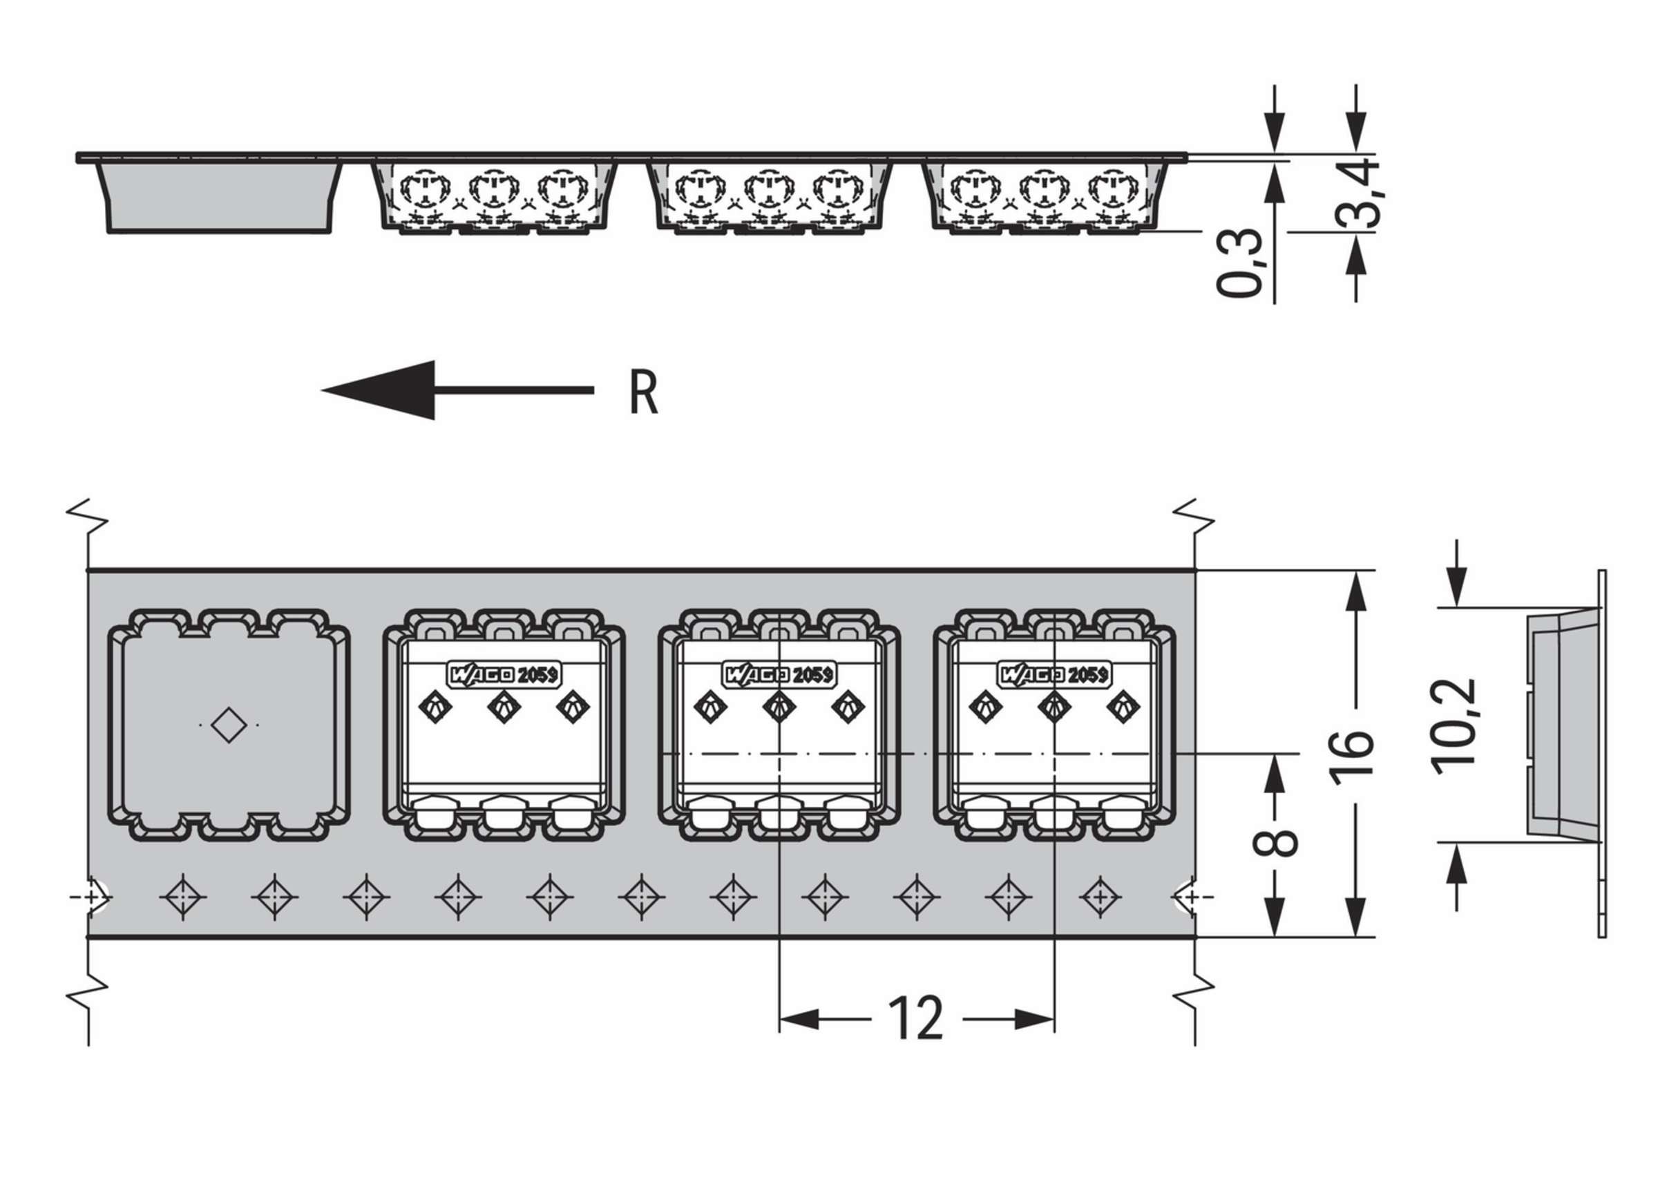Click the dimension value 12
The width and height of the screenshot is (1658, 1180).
pyautogui.click(x=915, y=1018)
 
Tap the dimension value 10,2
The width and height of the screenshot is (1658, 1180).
pyautogui.click(x=1454, y=726)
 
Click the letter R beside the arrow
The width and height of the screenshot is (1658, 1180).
pyautogui.click(x=644, y=393)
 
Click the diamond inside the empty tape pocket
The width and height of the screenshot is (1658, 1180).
pyautogui.click(x=229, y=725)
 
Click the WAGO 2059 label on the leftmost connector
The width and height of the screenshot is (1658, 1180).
pyautogui.click(x=504, y=674)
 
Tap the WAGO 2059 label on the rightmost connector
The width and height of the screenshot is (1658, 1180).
pyautogui.click(x=1055, y=674)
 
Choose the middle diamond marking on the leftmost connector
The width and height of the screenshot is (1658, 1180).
pyautogui.click(x=504, y=705)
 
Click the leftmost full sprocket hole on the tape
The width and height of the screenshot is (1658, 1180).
pyautogui.click(x=182, y=897)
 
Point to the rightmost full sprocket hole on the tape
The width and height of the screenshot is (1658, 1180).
pyautogui.click(x=1100, y=897)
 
